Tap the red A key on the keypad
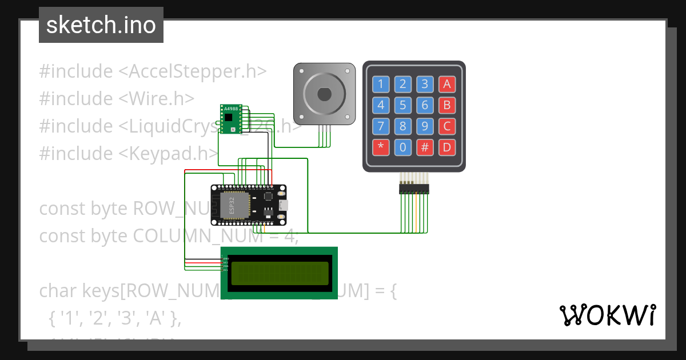[446, 85]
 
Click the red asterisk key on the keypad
[381, 147]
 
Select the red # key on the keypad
[425, 147]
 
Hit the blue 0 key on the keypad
[403, 147]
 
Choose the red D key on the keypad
[446, 147]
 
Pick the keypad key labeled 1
[381, 85]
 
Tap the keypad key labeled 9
[425, 126]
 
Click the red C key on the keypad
[446, 126]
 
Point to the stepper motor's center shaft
[324, 93]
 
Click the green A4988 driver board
[231, 118]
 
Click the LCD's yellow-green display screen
[279, 273]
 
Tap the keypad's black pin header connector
[414, 188]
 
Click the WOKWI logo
[607, 315]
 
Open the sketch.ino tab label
[101, 25]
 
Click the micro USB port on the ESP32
[284, 205]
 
